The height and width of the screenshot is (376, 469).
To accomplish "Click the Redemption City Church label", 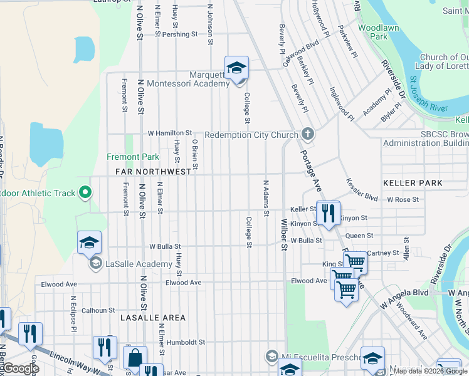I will pos(251,135).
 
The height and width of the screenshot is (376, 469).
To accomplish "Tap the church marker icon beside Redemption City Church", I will pos(307,134).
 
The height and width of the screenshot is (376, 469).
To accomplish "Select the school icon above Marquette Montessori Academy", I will pos(236,69).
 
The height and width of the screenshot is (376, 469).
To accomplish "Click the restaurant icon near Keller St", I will pos(327,213).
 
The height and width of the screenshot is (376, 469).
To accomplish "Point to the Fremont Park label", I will pos(133,157).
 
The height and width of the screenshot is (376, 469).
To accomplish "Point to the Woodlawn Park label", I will pos(372,32).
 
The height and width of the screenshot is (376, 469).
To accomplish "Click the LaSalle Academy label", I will pos(130,263).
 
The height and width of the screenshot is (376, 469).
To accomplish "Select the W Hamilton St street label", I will pos(169,133).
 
